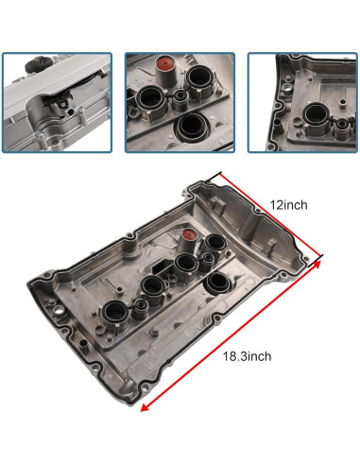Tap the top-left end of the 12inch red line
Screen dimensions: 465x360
click(x=218, y=175)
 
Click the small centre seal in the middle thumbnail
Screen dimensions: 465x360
click(x=177, y=98)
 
